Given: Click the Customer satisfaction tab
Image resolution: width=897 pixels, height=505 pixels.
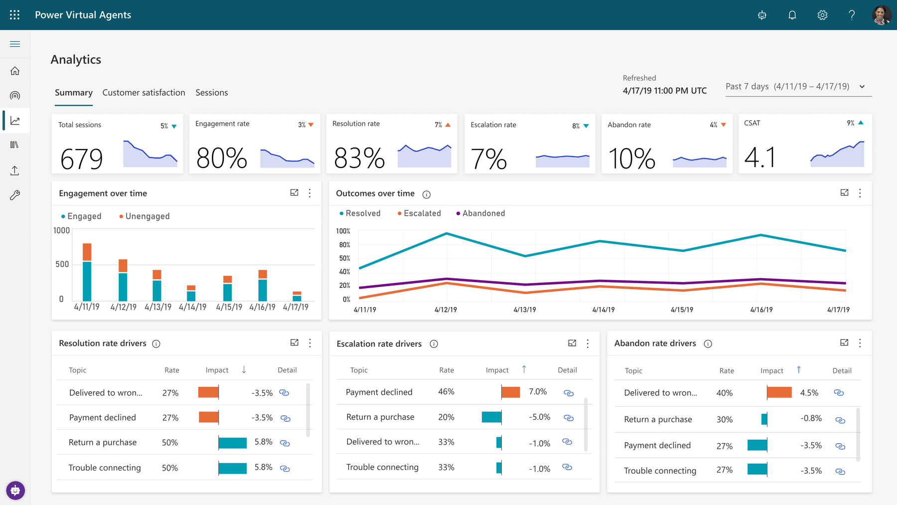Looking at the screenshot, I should click(x=144, y=93).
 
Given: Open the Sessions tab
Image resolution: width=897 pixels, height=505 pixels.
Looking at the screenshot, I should click(x=211, y=93).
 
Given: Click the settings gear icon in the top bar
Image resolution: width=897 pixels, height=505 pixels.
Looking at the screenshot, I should click(x=822, y=15).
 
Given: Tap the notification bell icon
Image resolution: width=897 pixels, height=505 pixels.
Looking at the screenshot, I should click(x=792, y=15).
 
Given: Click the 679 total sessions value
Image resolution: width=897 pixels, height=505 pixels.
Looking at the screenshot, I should click(x=82, y=159).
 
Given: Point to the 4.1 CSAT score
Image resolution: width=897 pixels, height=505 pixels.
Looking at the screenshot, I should click(x=759, y=158).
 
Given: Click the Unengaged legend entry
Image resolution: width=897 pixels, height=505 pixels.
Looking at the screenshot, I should click(x=147, y=216).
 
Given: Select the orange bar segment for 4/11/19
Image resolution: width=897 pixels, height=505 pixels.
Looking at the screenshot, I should click(x=87, y=252).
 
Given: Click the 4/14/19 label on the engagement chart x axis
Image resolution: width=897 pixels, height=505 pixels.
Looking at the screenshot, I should click(x=192, y=307).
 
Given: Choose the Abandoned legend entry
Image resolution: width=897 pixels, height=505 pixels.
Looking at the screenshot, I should click(x=483, y=213).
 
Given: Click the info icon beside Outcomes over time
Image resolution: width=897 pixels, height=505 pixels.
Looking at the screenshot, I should click(x=427, y=194).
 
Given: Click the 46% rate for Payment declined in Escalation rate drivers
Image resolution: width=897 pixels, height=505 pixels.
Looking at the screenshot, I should click(x=446, y=392).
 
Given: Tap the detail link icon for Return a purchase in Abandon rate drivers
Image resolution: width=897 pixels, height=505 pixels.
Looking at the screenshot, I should click(x=840, y=420).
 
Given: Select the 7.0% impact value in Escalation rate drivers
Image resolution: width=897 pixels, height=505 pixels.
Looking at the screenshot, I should click(x=538, y=392).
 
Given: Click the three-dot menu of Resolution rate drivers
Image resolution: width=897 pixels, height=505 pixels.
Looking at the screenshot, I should click(x=310, y=343).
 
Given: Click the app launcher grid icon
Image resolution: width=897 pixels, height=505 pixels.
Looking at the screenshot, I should click(x=15, y=15).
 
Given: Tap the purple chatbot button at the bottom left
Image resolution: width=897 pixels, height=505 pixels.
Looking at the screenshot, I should click(x=15, y=491).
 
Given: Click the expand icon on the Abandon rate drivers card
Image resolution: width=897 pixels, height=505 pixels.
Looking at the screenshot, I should click(x=844, y=342).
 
